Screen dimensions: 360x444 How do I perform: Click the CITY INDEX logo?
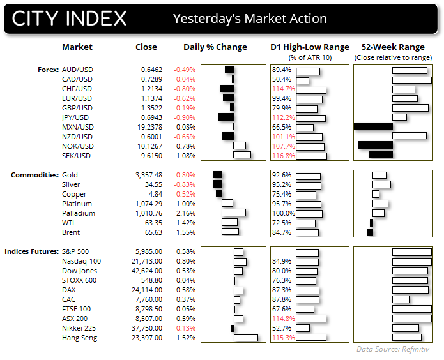pyautogui.click(x=69, y=19)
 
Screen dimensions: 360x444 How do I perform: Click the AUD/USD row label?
pyautogui.click(x=77, y=70)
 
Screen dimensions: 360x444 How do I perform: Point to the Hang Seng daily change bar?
pyautogui.click(x=245, y=338)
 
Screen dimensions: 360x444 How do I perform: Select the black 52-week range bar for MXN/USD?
pyautogui.click(x=373, y=127)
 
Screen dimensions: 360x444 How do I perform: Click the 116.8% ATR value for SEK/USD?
pyautogui.click(x=283, y=156)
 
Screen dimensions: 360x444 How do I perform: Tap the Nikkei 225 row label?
pyautogui.click(x=80, y=328)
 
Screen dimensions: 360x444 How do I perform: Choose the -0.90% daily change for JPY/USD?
pyautogui.click(x=183, y=117)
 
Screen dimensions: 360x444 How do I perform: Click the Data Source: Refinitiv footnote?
pyautogui.click(x=392, y=350)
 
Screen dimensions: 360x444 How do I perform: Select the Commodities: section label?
pyautogui.click(x=32, y=175)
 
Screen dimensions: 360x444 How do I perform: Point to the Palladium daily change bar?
pyautogui.click(x=233, y=213)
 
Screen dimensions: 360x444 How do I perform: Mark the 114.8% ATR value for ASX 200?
pyautogui.click(x=283, y=319)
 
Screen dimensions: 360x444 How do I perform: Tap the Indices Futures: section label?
pyautogui.click(x=32, y=251)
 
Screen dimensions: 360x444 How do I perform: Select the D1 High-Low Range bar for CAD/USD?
pyautogui.click(x=303, y=79)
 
